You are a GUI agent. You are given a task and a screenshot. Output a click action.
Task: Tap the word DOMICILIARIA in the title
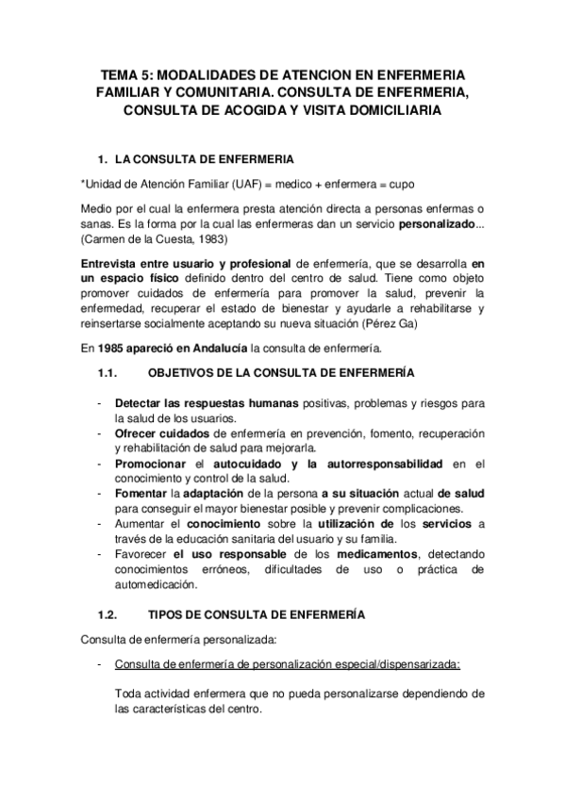[391, 110]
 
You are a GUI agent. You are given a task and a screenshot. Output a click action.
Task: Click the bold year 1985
[110, 350]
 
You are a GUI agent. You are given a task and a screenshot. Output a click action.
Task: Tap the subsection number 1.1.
[107, 374]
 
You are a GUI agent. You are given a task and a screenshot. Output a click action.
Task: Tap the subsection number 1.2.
[107, 614]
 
